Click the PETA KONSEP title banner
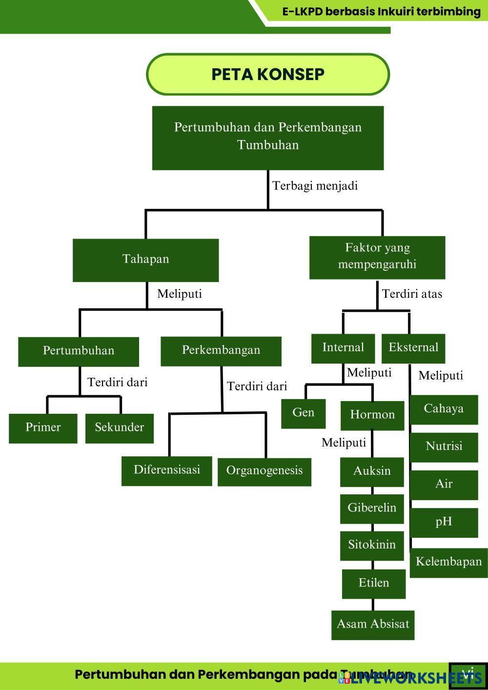[268, 74]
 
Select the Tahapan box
[145, 260]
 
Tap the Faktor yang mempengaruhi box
[377, 257]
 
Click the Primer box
[43, 428]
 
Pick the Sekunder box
[119, 428]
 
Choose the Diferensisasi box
[167, 470]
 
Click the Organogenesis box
[264, 471]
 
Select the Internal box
[343, 348]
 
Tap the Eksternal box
[413, 348]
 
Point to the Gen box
[303, 413]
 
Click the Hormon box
[372, 415]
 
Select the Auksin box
[372, 471]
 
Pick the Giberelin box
[372, 508]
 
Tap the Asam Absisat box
[373, 625]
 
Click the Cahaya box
[444, 409]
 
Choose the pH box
[444, 522]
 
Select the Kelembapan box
[448, 562]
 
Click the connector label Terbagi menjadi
[315, 186]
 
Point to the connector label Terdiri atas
[412, 294]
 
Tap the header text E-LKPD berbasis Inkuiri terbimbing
[381, 11]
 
